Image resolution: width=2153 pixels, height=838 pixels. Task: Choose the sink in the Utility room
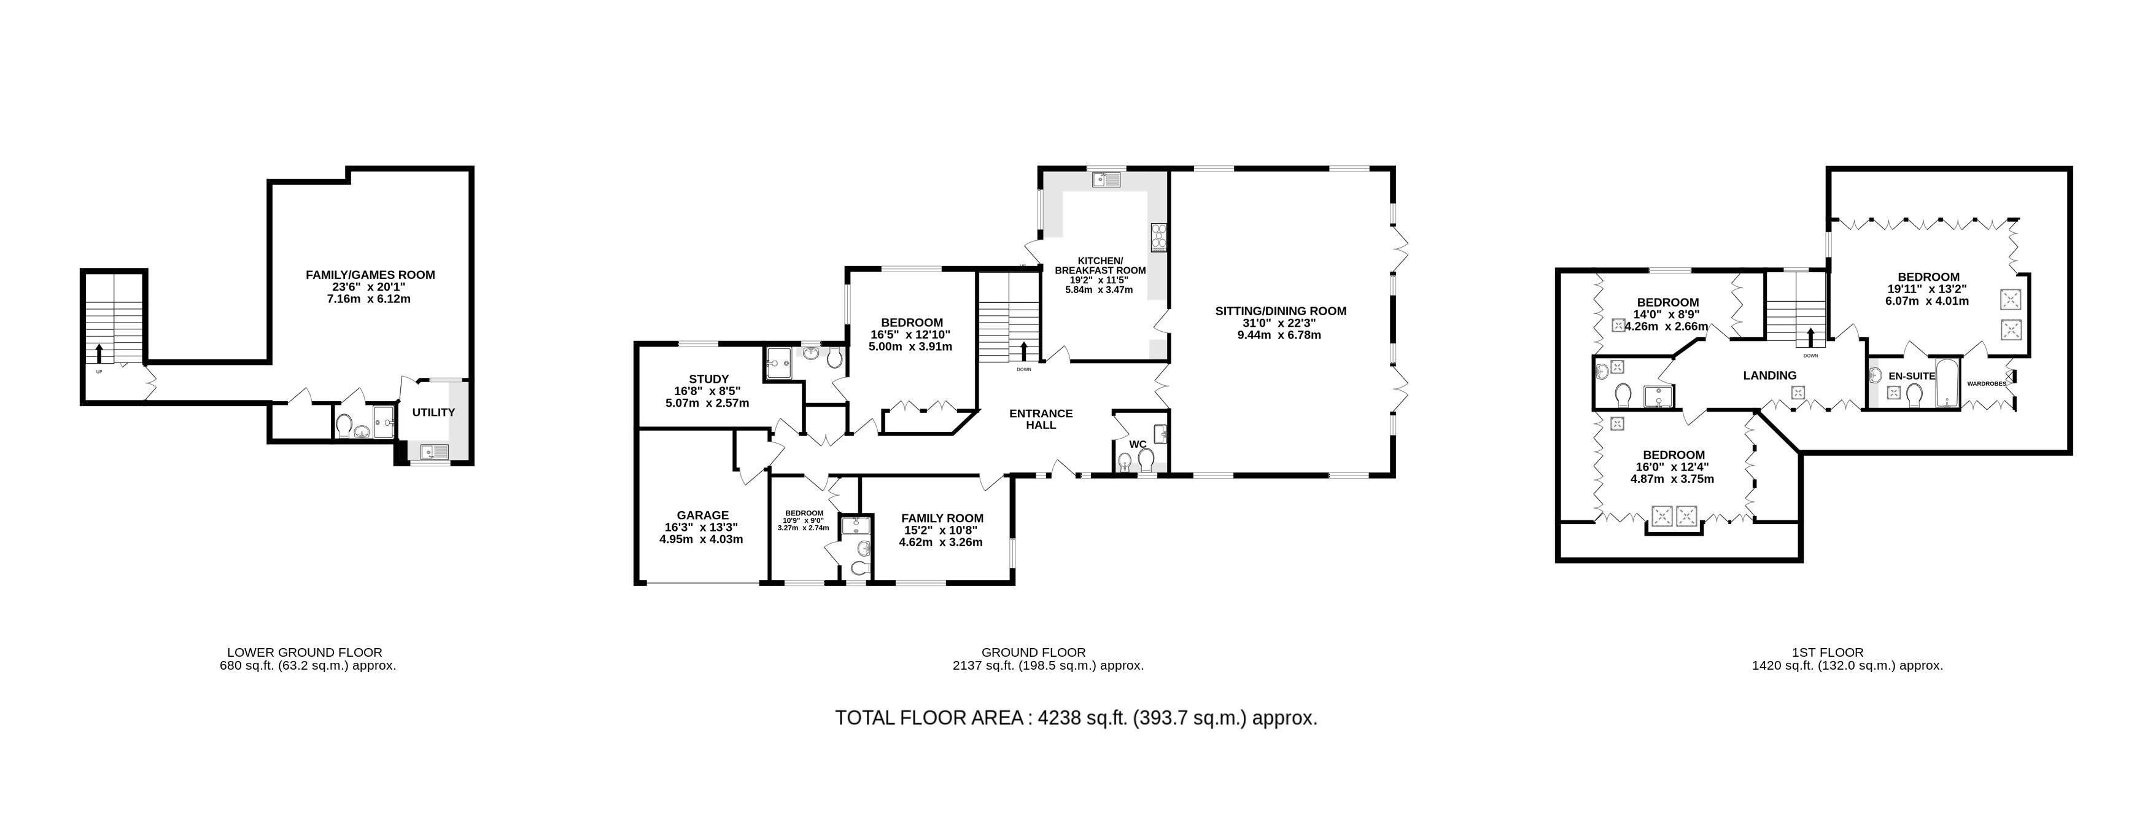(x=435, y=452)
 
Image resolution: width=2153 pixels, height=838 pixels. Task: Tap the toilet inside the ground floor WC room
(x=1146, y=459)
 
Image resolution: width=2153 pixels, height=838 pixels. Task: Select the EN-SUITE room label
(x=1912, y=377)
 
